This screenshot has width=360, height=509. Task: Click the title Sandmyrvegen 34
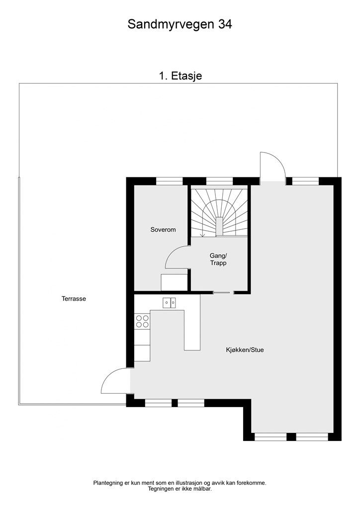(x=180, y=24)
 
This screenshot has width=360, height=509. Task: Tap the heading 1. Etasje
(x=180, y=76)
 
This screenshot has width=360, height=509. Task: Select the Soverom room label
(x=163, y=230)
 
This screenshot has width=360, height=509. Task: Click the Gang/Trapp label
(x=218, y=259)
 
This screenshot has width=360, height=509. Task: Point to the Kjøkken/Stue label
(x=244, y=350)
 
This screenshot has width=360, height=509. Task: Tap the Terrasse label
(x=74, y=299)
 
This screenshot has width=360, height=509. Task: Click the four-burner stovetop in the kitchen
(x=142, y=321)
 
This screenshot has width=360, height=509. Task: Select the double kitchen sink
(x=169, y=302)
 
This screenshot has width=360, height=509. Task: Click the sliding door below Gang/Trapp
(x=222, y=292)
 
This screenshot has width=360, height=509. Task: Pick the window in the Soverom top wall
(x=170, y=181)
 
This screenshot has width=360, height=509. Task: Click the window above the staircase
(x=219, y=181)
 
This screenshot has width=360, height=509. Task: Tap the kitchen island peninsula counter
(x=191, y=331)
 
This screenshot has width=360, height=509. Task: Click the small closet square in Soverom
(x=174, y=282)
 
